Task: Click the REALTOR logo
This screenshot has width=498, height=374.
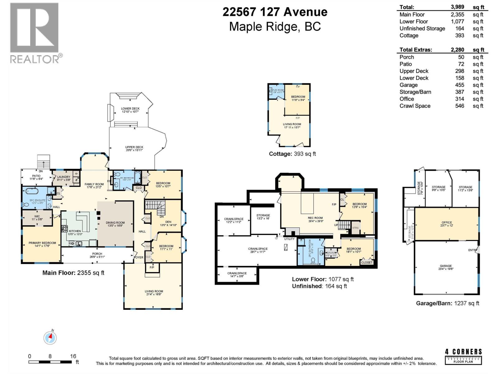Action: [x=35, y=33]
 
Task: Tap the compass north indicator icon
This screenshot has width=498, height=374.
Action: [x=50, y=337]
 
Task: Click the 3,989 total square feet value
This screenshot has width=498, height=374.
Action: [x=457, y=7]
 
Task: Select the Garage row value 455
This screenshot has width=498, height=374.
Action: [x=459, y=85]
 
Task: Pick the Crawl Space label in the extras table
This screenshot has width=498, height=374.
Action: [x=415, y=106]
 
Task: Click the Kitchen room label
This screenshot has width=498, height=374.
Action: [x=75, y=231]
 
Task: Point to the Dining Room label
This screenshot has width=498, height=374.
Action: [x=115, y=223]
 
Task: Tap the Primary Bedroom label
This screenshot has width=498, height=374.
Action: [x=42, y=243]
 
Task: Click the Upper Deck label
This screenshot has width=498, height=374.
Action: [x=134, y=147]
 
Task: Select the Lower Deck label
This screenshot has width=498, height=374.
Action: [x=130, y=109]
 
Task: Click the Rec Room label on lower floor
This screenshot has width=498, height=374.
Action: [x=315, y=218]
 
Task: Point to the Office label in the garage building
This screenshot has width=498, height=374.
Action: [x=447, y=223]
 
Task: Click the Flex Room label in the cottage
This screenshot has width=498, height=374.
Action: [x=278, y=90]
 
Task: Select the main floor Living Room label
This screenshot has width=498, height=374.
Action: [x=154, y=291]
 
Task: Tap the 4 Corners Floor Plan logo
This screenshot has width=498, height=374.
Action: [x=463, y=357]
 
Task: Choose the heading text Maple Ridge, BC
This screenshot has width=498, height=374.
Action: [x=275, y=26]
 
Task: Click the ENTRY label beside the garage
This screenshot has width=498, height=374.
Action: [x=472, y=250]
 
